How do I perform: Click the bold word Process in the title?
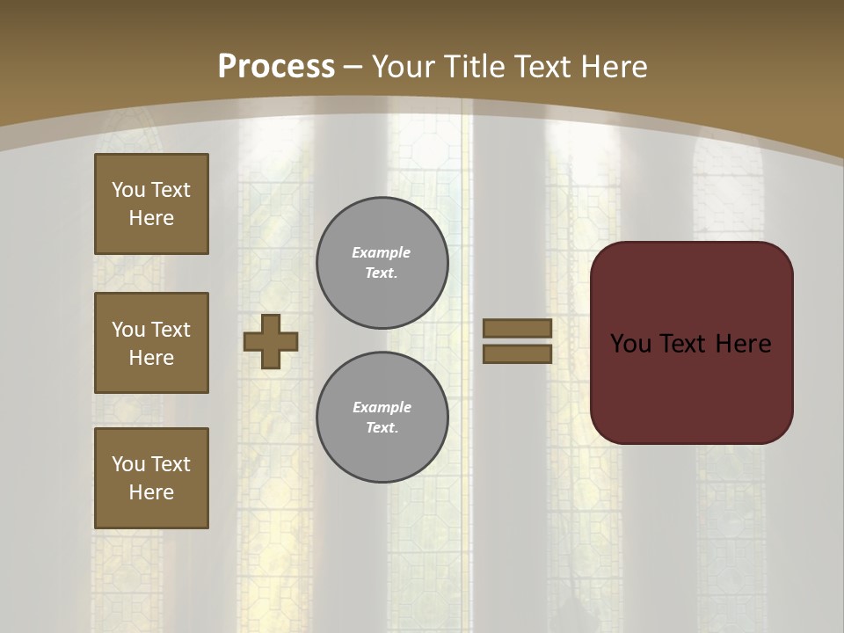click(276, 67)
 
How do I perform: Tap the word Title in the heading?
click(473, 67)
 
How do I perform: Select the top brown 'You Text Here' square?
click(151, 204)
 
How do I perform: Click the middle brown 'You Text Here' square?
click(151, 343)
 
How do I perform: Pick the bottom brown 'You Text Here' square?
click(151, 478)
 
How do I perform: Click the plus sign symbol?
click(271, 341)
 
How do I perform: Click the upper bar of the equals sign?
click(518, 328)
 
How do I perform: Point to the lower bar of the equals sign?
click(518, 353)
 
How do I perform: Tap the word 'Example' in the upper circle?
click(382, 252)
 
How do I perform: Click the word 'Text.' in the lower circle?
click(382, 427)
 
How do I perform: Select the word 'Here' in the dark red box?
click(743, 344)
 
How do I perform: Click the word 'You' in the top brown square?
click(127, 190)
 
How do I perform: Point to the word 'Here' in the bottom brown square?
click(151, 492)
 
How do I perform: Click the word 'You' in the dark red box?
click(631, 344)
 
